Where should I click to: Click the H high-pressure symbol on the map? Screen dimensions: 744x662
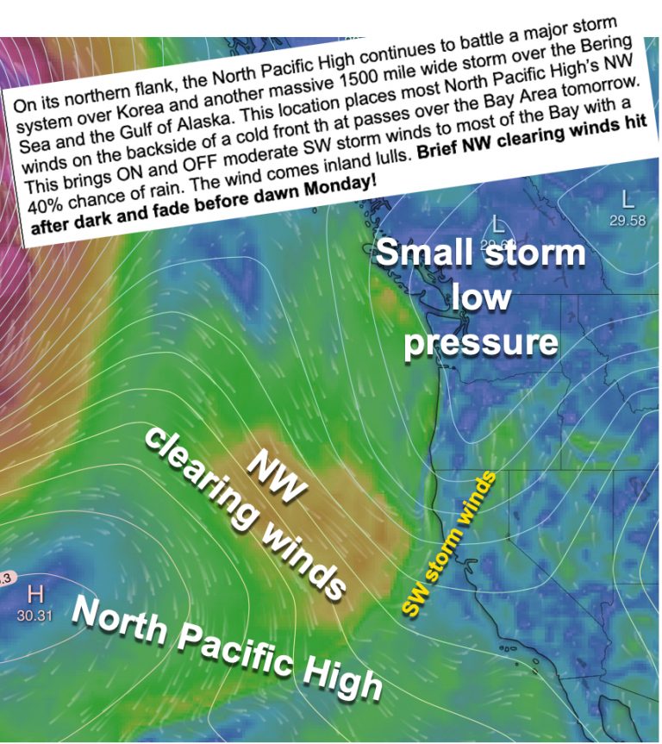point(35,594)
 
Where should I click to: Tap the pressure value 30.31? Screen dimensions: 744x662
point(35,616)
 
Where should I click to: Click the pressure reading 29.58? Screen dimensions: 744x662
point(628,221)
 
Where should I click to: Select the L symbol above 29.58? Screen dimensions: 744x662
point(628,200)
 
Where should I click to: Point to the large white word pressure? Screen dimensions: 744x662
point(481,341)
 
